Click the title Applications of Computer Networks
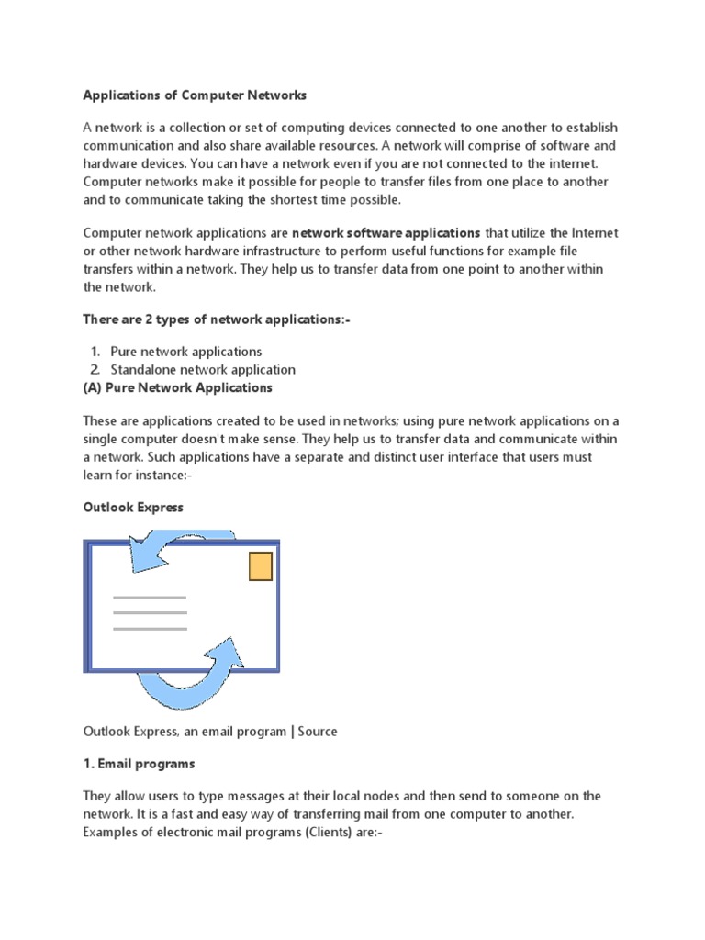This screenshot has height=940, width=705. (195, 95)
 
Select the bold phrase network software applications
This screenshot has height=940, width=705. (386, 233)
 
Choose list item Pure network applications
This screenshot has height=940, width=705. (185, 352)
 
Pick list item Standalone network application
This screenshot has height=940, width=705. (202, 369)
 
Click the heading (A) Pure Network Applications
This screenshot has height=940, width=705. (180, 387)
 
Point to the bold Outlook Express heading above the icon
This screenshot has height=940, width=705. (133, 507)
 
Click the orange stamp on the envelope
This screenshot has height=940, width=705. (261, 566)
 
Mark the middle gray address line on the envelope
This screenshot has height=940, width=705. (150, 612)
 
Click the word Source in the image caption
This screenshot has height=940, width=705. (317, 732)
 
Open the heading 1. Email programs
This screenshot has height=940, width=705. (139, 764)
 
